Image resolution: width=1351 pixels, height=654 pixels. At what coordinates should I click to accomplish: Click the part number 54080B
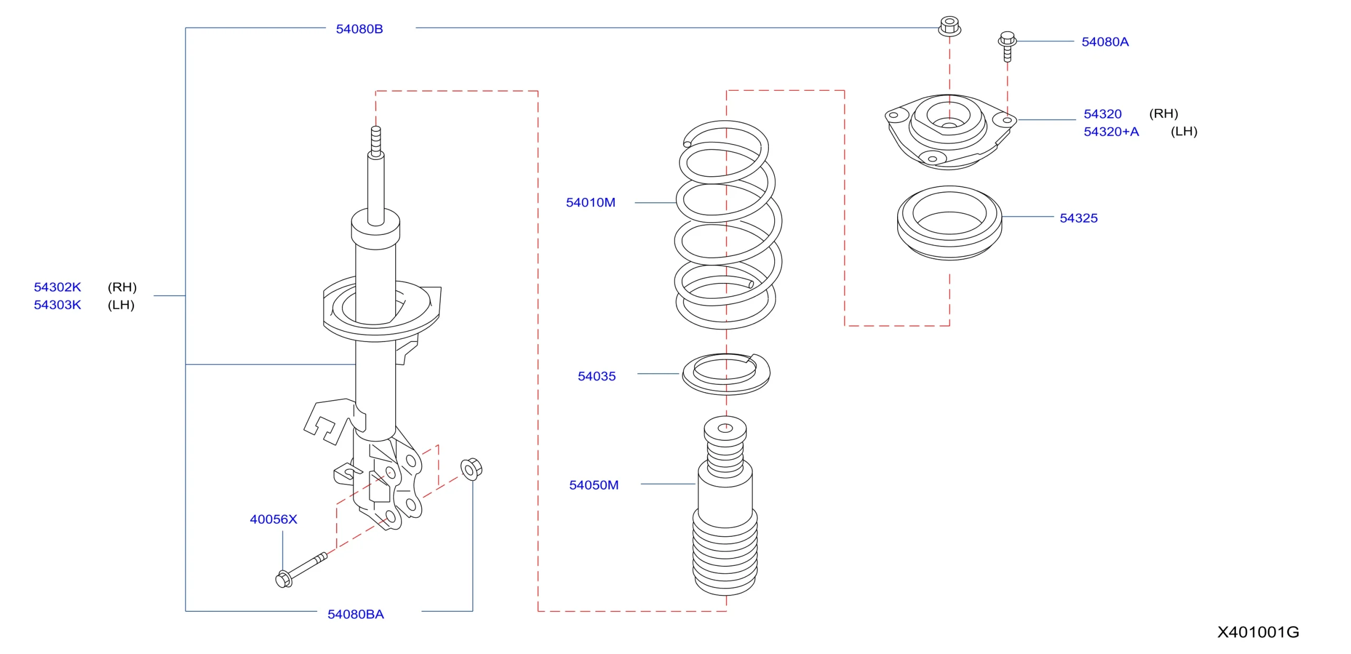pyautogui.click(x=359, y=29)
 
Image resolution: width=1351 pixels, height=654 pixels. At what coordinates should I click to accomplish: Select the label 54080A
pyautogui.click(x=1105, y=42)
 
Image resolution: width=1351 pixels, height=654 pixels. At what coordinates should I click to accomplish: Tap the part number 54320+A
pyautogui.click(x=1111, y=131)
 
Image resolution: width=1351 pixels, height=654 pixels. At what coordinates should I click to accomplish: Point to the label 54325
pyautogui.click(x=1078, y=218)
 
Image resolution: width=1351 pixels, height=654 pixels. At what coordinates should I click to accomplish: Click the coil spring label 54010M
pyautogui.click(x=590, y=203)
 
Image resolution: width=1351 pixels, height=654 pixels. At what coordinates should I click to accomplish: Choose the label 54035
pyautogui.click(x=596, y=376)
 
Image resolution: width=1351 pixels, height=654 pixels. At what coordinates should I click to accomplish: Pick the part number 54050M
pyautogui.click(x=593, y=485)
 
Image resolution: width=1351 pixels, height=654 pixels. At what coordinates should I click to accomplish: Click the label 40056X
pyautogui.click(x=273, y=519)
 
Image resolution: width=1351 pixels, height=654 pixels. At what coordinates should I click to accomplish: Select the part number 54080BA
pyautogui.click(x=355, y=614)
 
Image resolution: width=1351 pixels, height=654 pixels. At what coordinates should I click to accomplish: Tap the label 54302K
pyautogui.click(x=58, y=287)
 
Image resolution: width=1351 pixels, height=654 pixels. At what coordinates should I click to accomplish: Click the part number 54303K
pyautogui.click(x=58, y=305)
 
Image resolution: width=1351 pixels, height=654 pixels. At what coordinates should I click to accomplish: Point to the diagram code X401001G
pyautogui.click(x=1258, y=632)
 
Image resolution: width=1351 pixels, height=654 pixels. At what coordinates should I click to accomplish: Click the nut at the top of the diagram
pyautogui.click(x=949, y=26)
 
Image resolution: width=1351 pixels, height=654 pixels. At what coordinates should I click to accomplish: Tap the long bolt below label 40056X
pyautogui.click(x=301, y=570)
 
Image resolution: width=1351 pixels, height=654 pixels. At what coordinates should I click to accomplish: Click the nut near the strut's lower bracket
pyautogui.click(x=471, y=469)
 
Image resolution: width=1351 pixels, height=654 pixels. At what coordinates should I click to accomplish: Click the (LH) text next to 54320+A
pyautogui.click(x=1184, y=131)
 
